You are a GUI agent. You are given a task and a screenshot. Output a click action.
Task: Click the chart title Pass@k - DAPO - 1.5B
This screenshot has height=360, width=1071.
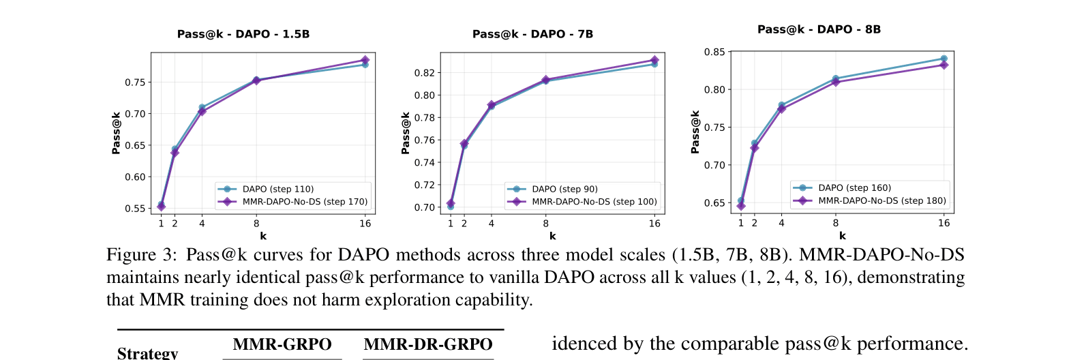tap(243, 34)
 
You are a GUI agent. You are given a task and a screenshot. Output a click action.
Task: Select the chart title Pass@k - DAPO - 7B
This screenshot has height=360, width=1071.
tap(532, 34)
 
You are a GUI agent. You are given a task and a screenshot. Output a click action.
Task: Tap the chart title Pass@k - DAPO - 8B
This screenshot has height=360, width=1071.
tap(819, 29)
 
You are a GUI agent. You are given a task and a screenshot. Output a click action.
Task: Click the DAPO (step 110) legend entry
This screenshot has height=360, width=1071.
tap(277, 189)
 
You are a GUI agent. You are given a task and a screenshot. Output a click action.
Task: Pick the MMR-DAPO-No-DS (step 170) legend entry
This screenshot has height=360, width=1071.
tap(304, 202)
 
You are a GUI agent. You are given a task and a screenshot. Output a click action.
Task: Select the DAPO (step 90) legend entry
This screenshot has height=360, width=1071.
tap(564, 189)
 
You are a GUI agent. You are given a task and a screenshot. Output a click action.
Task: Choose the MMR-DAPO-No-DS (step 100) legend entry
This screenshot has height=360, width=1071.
tap(594, 202)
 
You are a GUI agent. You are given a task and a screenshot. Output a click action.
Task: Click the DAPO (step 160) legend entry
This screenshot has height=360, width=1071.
tap(854, 187)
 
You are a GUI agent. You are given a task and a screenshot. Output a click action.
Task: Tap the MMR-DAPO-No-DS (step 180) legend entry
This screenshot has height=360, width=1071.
tap(881, 200)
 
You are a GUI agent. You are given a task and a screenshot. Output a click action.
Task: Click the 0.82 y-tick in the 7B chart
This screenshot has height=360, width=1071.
tap(424, 73)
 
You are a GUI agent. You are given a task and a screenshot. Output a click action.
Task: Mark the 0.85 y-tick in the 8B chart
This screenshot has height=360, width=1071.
tap(714, 52)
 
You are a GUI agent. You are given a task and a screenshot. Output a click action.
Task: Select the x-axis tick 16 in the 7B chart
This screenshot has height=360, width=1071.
tap(654, 224)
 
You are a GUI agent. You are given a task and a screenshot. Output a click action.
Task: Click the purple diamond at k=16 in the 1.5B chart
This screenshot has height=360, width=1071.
tap(365, 60)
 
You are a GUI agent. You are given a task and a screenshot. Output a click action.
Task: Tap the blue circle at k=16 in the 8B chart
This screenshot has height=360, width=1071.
tap(944, 59)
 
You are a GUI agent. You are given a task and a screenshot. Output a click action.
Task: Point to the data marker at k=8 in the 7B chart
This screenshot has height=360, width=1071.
tap(546, 80)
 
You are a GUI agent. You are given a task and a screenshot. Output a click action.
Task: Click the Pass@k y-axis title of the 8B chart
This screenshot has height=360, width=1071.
tap(695, 132)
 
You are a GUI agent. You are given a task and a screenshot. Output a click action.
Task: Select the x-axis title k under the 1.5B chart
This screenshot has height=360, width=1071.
tap(263, 236)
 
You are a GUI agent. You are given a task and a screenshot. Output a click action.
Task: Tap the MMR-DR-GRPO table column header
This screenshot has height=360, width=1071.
tap(427, 345)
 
